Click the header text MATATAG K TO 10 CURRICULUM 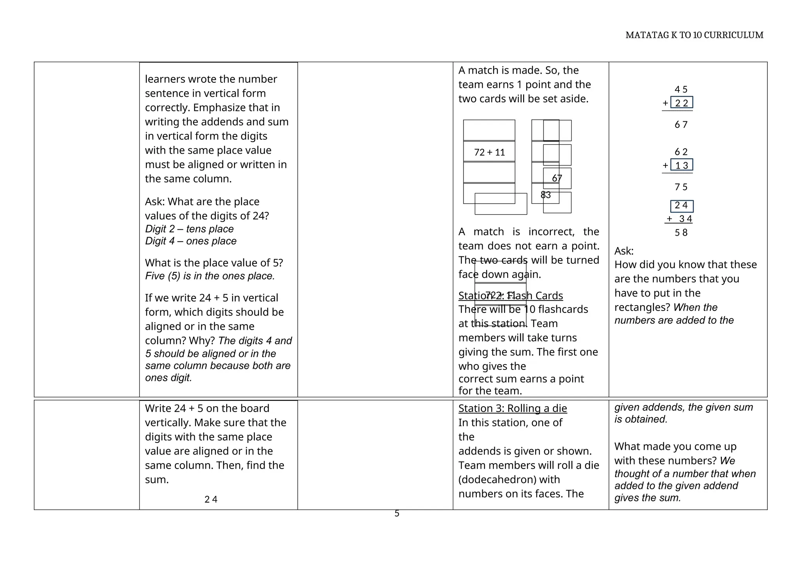pyautogui.click(x=694, y=35)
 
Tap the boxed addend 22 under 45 pyautogui.click(x=681, y=103)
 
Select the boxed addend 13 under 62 pyautogui.click(x=681, y=165)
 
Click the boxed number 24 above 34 pyautogui.click(x=681, y=206)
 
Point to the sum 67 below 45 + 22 pyautogui.click(x=681, y=125)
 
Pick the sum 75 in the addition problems pyautogui.click(x=681, y=187)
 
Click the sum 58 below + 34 pyautogui.click(x=681, y=233)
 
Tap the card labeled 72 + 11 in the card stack pyautogui.click(x=489, y=152)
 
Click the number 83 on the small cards pyautogui.click(x=545, y=195)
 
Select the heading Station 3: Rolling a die pyautogui.click(x=512, y=409)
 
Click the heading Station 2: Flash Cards pyautogui.click(x=510, y=296)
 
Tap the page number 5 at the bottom pyautogui.click(x=397, y=514)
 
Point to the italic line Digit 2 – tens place pyautogui.click(x=189, y=229)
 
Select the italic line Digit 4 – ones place pyautogui.click(x=190, y=241)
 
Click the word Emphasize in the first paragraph pyautogui.click(x=217, y=108)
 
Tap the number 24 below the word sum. pyautogui.click(x=211, y=499)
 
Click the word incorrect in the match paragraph pyautogui.click(x=551, y=232)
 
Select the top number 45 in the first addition pyautogui.click(x=681, y=90)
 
